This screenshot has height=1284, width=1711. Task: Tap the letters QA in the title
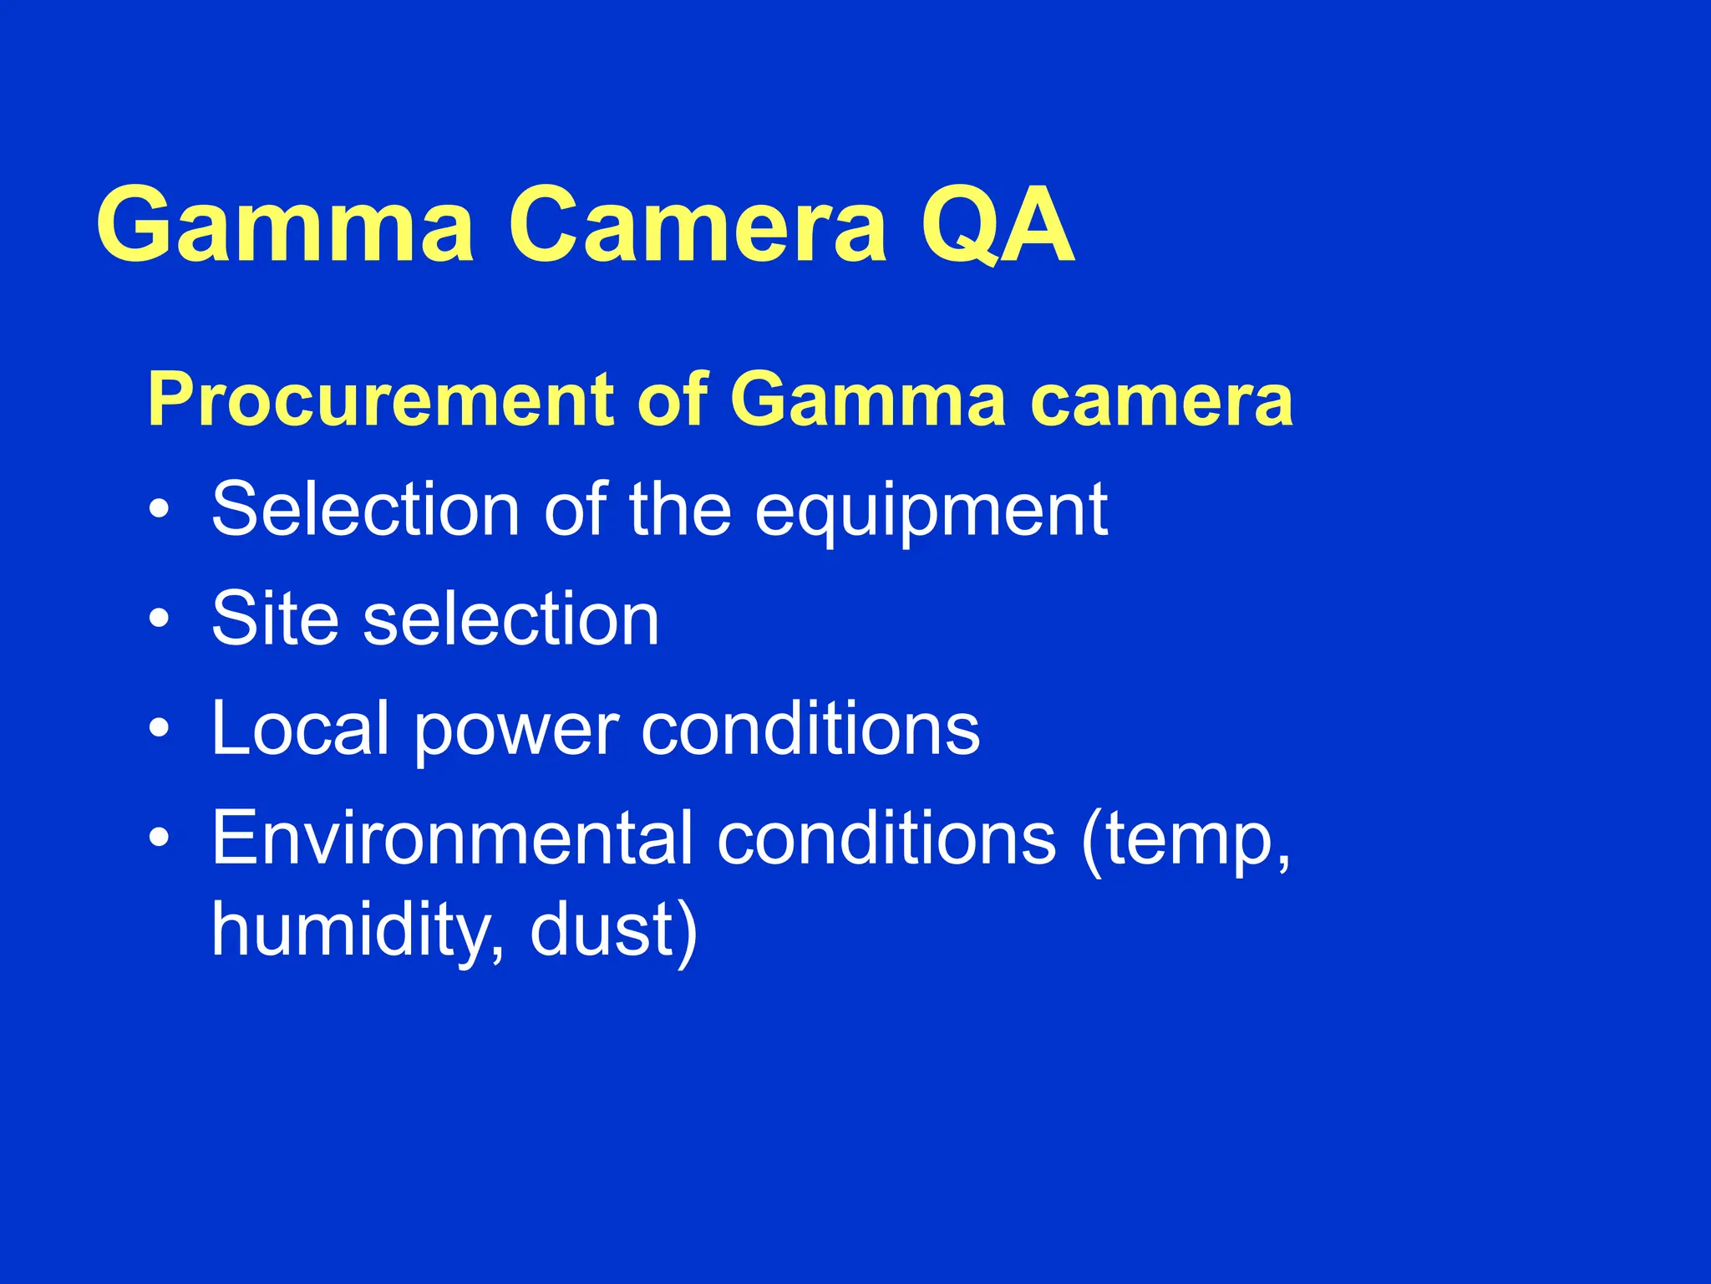[x=997, y=226]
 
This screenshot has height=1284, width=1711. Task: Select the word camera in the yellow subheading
[x=1161, y=401]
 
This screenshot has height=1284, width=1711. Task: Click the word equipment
[x=931, y=512]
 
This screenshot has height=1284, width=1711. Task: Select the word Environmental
[x=452, y=838]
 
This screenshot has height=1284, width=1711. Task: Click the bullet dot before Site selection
[x=160, y=619]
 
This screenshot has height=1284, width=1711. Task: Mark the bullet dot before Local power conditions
[x=160, y=729]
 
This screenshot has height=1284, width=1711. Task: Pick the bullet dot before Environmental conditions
[x=160, y=838]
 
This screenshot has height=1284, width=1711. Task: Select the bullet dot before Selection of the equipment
[x=160, y=510]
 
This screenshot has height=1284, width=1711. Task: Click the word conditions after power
[x=810, y=728]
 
